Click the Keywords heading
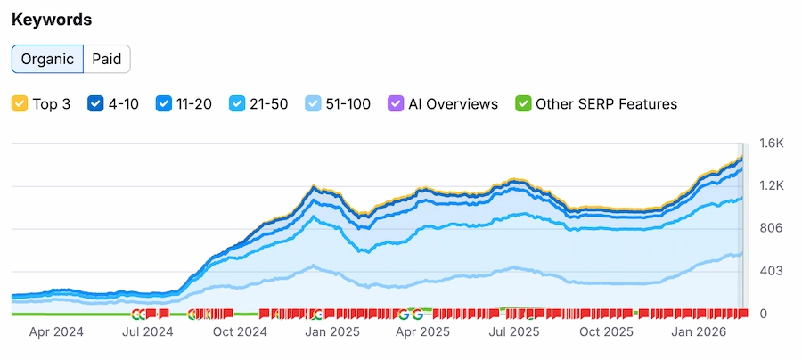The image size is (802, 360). [x=52, y=20]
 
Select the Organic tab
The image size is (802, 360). [x=47, y=59]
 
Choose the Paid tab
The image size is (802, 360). [x=107, y=59]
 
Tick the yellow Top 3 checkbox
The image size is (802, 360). [x=20, y=104]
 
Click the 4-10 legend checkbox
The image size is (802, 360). [x=95, y=104]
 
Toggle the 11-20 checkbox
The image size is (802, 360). [x=164, y=104]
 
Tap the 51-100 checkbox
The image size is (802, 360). [x=314, y=104]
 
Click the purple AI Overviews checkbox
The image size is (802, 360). [x=396, y=104]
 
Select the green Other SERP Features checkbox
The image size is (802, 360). [x=523, y=104]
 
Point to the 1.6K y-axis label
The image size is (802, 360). [x=771, y=143]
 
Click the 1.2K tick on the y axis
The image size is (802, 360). [x=771, y=185]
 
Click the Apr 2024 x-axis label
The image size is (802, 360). [x=55, y=332]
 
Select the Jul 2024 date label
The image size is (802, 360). [x=147, y=332]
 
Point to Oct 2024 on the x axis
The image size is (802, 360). [x=240, y=332]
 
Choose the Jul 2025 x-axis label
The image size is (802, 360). [x=514, y=332]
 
